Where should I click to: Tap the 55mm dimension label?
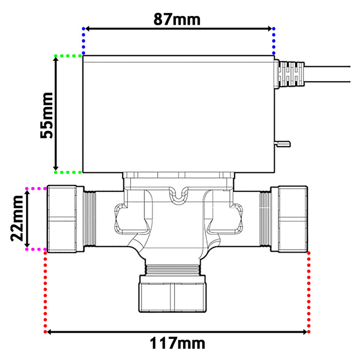pos(47,115)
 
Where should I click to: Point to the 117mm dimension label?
pos(177,343)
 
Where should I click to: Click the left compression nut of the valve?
pos(62,219)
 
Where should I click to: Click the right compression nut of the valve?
pos(292,219)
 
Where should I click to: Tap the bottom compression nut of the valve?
pos(173,294)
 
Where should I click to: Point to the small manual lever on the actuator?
pos(282,143)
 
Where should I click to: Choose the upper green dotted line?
pos(68,56)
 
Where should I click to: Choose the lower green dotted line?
pos(68,172)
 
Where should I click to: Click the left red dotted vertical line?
pos(46,291)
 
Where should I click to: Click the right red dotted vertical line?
pos(309,291)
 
